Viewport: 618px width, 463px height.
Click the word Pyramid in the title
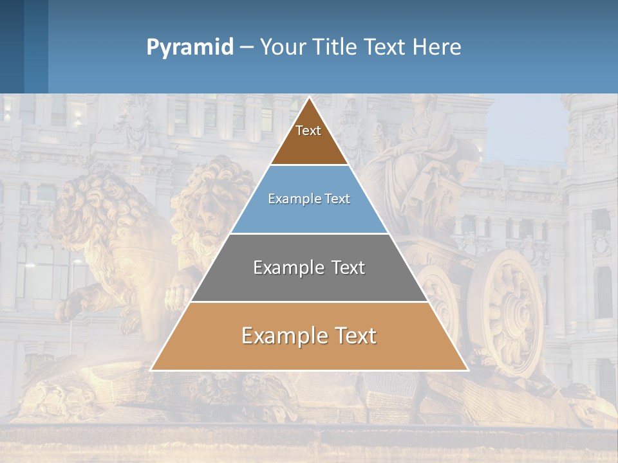189,48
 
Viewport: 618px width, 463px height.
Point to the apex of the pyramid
310,98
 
